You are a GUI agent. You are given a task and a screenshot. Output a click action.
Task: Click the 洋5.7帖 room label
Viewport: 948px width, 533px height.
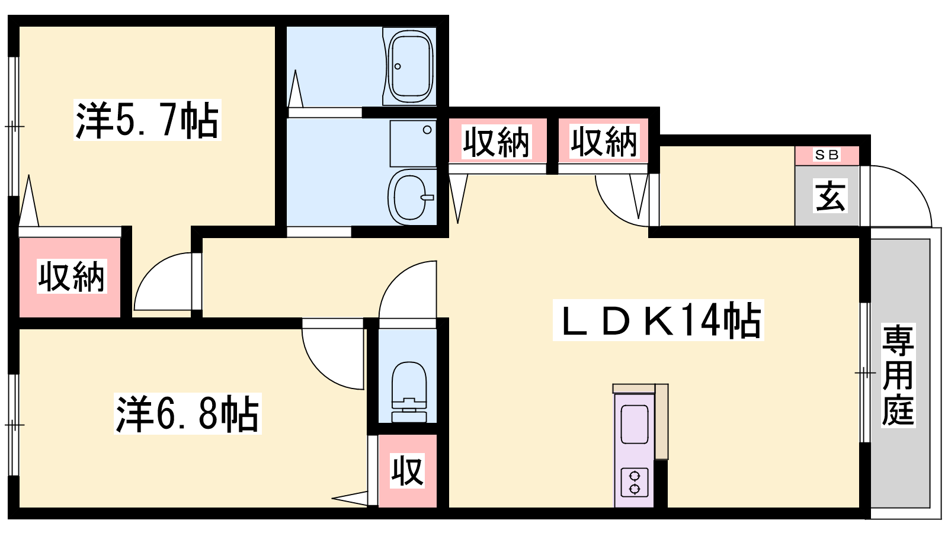pyautogui.click(x=147, y=120)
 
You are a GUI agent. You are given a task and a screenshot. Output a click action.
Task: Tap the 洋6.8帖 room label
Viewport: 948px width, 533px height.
pyautogui.click(x=187, y=413)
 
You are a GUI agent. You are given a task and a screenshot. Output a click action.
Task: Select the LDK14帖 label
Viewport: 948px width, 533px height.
pyautogui.click(x=658, y=320)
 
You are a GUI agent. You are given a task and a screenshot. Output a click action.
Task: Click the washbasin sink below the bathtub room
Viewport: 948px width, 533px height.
pyautogui.click(x=411, y=197)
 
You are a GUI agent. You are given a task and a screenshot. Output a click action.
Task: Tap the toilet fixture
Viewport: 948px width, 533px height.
pyautogui.click(x=409, y=391)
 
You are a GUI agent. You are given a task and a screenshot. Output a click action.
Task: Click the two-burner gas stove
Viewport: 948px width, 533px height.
pyautogui.click(x=635, y=482)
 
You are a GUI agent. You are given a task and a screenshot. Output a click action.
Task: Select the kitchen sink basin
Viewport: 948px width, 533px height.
pyautogui.click(x=635, y=424)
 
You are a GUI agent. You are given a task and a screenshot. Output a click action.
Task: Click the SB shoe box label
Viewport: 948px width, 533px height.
pyautogui.click(x=827, y=155)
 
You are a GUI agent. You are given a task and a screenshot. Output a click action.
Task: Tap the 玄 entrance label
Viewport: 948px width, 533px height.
pyautogui.click(x=830, y=195)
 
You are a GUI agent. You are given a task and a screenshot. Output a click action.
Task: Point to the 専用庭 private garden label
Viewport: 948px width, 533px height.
pyautogui.click(x=898, y=375)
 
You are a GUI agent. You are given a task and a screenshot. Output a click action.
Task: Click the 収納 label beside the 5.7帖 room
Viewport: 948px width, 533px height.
pyautogui.click(x=72, y=277)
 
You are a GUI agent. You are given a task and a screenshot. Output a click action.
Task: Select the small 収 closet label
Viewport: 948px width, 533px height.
pyautogui.click(x=407, y=471)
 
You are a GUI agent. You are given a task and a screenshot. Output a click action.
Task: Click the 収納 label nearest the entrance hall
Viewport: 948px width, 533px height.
pyautogui.click(x=604, y=142)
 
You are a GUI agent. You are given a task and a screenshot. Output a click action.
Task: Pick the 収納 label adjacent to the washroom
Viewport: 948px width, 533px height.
pyautogui.click(x=496, y=142)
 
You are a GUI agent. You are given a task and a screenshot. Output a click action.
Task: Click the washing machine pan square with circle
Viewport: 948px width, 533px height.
pyautogui.click(x=413, y=143)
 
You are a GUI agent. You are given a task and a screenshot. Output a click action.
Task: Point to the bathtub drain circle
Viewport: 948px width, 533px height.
pyautogui.click(x=398, y=66)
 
